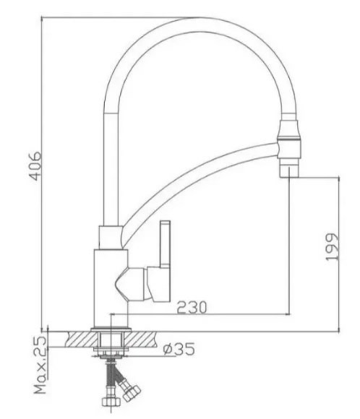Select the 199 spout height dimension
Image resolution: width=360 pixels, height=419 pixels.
331,248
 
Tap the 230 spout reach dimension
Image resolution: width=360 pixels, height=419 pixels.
191,307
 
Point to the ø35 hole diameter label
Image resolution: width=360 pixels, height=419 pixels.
179,350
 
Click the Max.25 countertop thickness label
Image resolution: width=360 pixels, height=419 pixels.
40,367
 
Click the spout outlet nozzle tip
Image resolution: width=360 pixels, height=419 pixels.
288,170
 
